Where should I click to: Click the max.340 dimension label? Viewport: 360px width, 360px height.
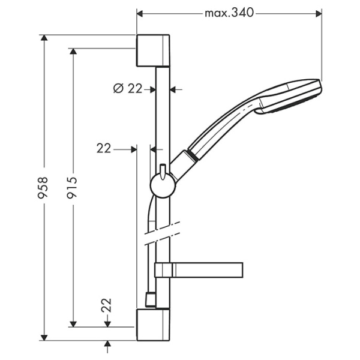(x=229, y=12)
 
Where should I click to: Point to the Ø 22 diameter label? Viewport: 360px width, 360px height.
(x=128, y=89)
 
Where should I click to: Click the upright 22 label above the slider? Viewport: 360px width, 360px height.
(x=104, y=148)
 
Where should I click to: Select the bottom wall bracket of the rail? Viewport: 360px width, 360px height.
(x=154, y=325)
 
